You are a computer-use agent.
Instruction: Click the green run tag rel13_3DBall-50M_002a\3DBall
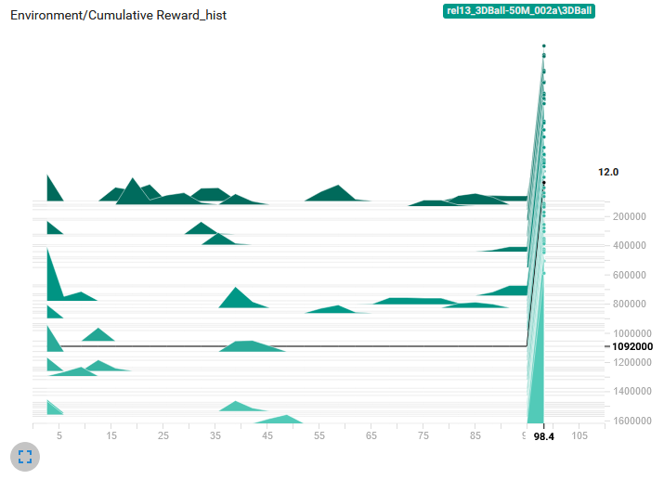[x=518, y=11]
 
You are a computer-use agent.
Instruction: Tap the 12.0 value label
[x=608, y=173]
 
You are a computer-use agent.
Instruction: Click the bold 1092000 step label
[x=632, y=346]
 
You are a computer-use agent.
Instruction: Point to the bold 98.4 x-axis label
[x=544, y=436]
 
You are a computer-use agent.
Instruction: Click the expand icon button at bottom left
[x=25, y=456]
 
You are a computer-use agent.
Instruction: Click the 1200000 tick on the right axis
[x=632, y=362]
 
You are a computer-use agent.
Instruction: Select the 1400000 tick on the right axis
[x=632, y=392]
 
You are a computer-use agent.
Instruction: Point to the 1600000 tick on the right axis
[x=632, y=421]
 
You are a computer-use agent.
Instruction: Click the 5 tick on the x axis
[x=59, y=435]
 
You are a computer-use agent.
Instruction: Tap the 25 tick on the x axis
[x=163, y=435]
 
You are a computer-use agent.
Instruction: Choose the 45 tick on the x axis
[x=267, y=435]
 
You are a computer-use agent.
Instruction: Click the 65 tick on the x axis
[x=371, y=435]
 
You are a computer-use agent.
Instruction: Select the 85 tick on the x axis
[x=475, y=435]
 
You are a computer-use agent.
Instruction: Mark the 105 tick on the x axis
[x=579, y=435]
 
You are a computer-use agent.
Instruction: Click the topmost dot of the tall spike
[x=543, y=45]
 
